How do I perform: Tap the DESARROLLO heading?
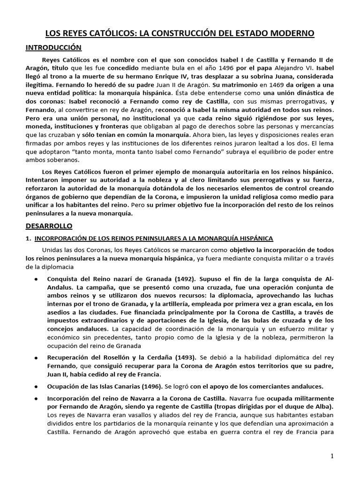coord(48,225)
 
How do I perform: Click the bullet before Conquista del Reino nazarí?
coord(37,279)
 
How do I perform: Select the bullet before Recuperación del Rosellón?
coord(37,358)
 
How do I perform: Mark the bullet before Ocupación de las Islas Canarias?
coord(37,387)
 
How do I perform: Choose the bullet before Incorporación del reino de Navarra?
coord(37,398)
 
